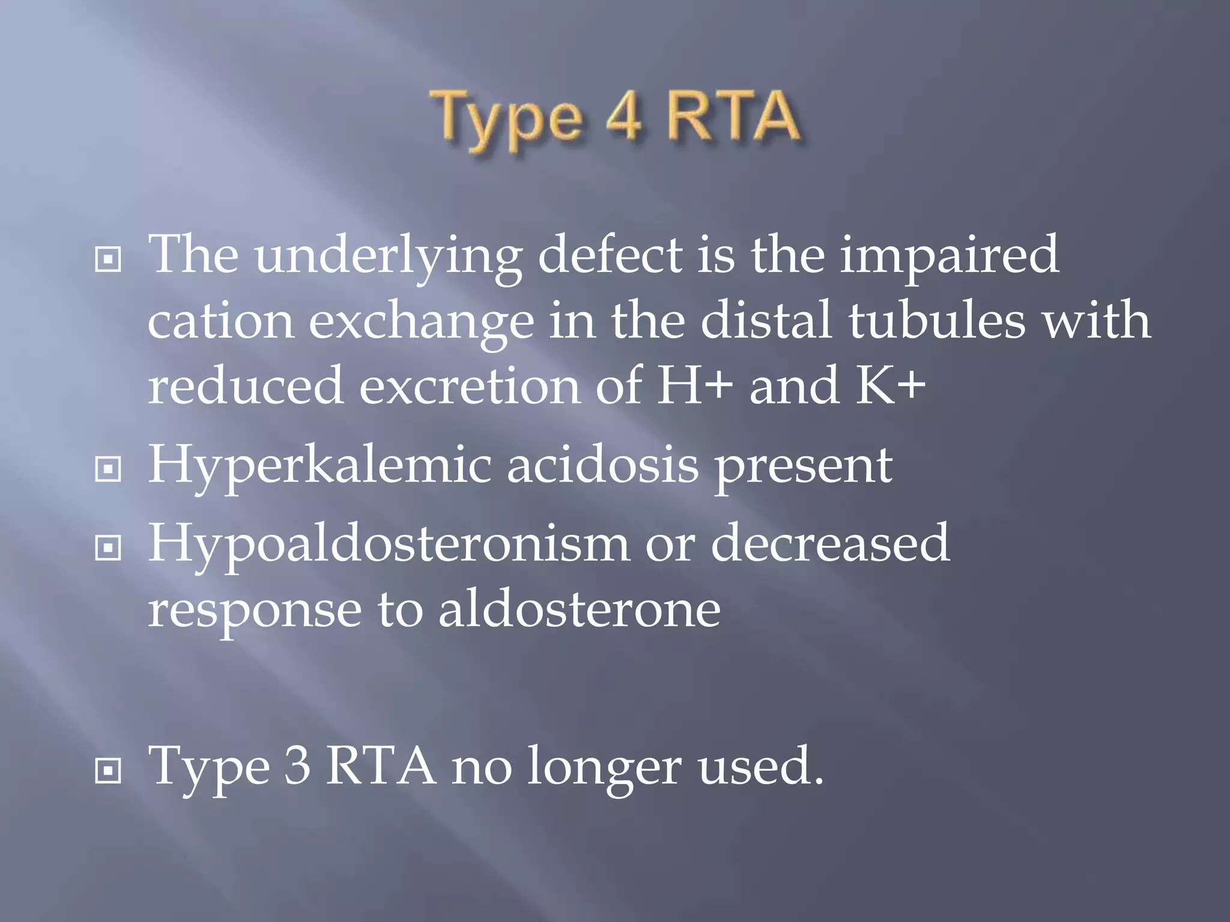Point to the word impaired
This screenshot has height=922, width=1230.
tap(949, 256)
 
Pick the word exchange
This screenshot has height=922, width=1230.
tap(421, 321)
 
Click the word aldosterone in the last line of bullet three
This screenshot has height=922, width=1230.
tap(580, 609)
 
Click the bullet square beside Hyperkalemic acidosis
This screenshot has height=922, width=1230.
tap(108, 469)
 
